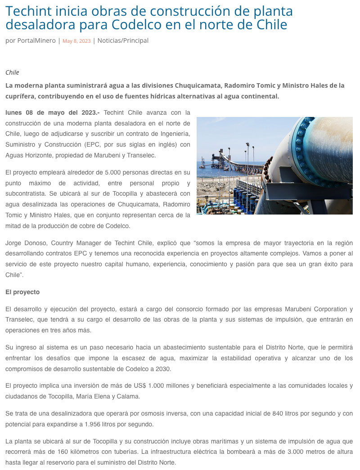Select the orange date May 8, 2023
point(76,41)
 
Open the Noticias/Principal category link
point(123,40)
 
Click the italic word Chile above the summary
point(12,72)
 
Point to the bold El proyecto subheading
point(22,292)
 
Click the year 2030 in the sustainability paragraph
point(162,369)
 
